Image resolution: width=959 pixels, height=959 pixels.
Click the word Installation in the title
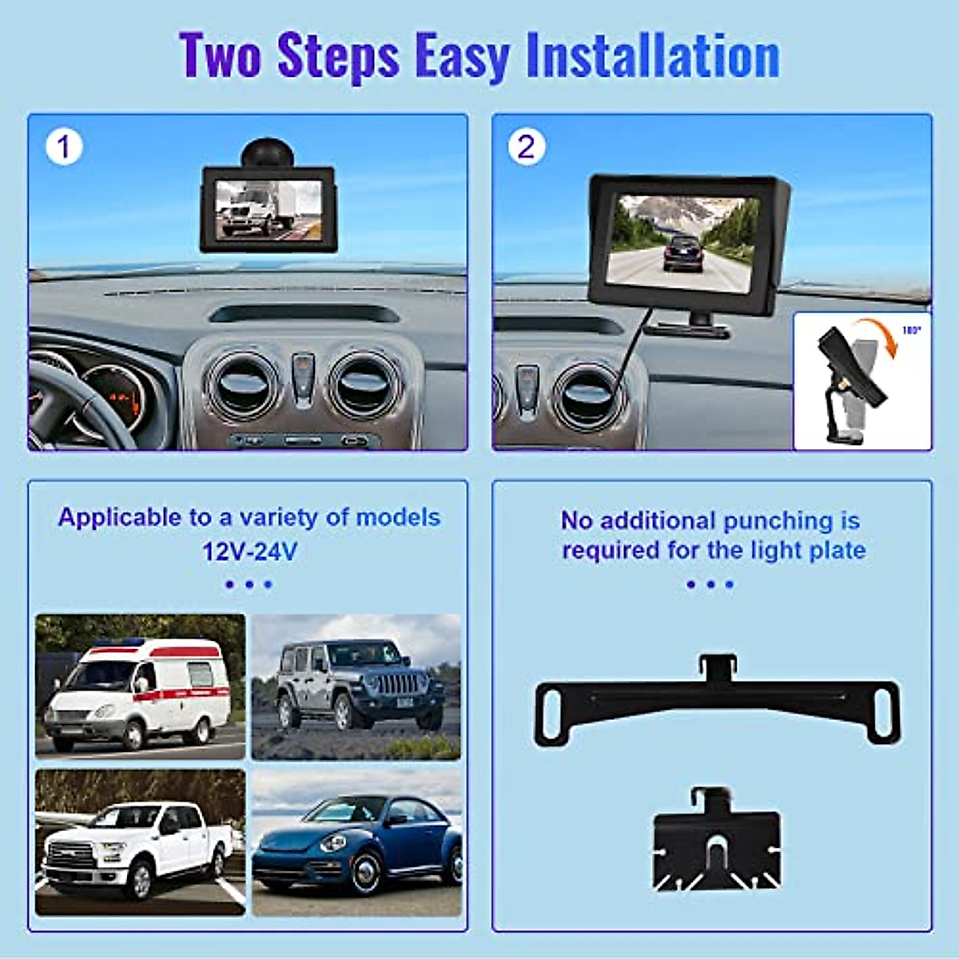[652, 56]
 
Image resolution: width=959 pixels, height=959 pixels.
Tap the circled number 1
[64, 147]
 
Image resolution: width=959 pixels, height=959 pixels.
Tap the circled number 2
[526, 147]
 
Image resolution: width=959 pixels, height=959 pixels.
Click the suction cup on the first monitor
[268, 153]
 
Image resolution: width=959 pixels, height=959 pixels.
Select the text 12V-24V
[249, 551]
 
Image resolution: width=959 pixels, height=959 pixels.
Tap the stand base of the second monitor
[688, 327]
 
